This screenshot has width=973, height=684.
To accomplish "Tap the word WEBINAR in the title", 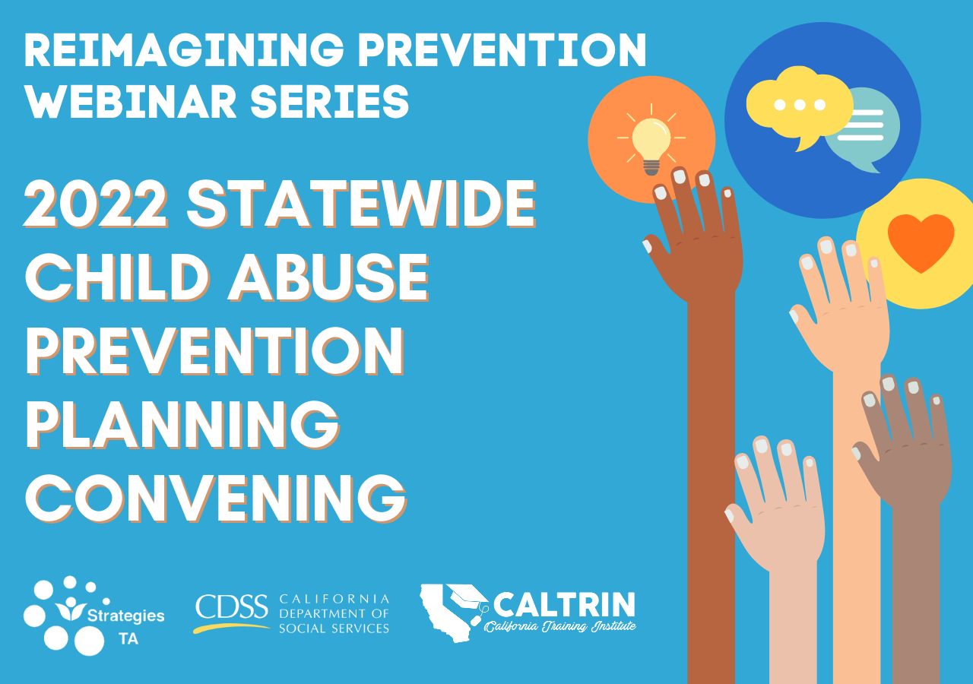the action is pyautogui.click(x=130, y=101).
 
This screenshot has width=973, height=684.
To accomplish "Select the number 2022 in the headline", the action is pyautogui.click(x=96, y=204).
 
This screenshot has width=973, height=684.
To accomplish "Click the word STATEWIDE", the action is pyautogui.click(x=361, y=204).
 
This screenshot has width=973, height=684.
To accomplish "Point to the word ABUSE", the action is pyautogui.click(x=329, y=277).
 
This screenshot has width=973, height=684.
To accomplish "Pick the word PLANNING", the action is pyautogui.click(x=182, y=425).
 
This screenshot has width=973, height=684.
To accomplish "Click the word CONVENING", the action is pyautogui.click(x=216, y=498).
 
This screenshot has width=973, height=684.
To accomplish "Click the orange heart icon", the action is pyautogui.click(x=921, y=242).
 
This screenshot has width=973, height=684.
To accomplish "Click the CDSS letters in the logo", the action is pyautogui.click(x=231, y=606).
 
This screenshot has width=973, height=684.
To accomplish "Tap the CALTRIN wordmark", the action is pyautogui.click(x=564, y=604).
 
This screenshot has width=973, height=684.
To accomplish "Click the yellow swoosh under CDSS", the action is pyautogui.click(x=231, y=628).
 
